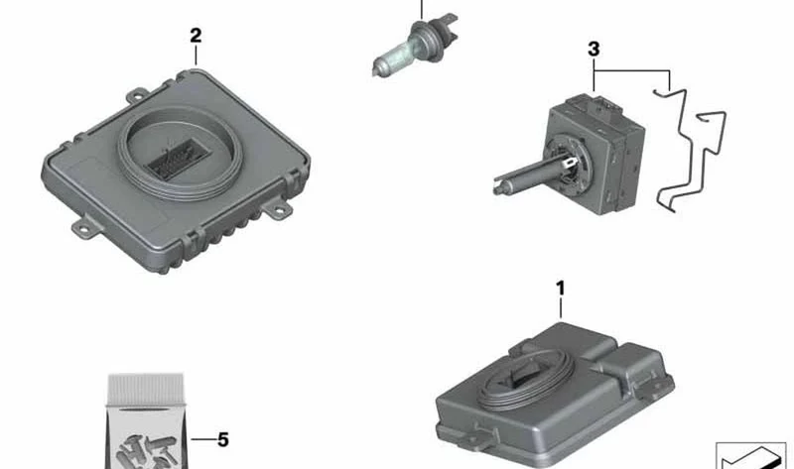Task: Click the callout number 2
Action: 196,36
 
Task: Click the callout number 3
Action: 594,50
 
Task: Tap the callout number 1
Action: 560,289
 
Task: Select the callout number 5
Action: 222,439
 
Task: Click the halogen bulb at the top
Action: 414,46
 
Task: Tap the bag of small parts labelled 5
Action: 146,421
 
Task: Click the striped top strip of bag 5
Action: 146,389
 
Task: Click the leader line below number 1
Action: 561,307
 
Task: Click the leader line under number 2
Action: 196,56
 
